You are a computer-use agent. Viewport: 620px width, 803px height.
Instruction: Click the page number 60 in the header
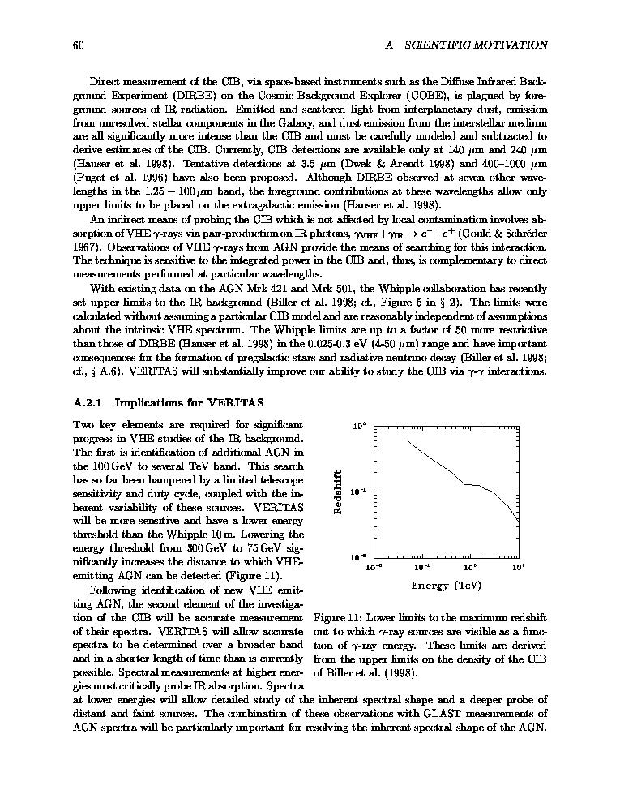pyautogui.click(x=79, y=45)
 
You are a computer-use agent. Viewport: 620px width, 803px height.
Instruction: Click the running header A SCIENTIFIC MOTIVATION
pyautogui.click(x=465, y=45)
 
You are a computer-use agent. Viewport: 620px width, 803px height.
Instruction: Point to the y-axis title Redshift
pyautogui.click(x=339, y=492)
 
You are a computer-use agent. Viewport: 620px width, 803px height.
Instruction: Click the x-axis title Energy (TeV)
pyautogui.click(x=447, y=585)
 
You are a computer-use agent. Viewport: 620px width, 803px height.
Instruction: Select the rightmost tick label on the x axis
pyautogui.click(x=519, y=568)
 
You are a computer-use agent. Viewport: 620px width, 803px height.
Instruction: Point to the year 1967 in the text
pyautogui.click(x=86, y=246)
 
